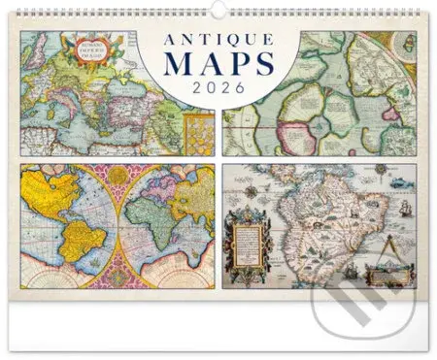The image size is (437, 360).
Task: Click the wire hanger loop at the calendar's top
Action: pyautogui.click(x=218, y=6)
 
